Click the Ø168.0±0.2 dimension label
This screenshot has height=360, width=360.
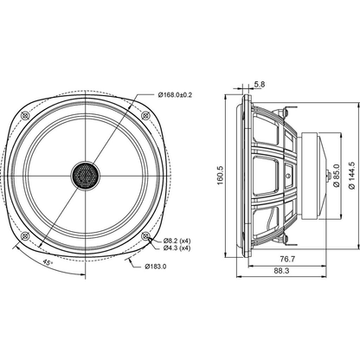click(175, 94)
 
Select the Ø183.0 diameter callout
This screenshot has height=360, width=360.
click(156, 267)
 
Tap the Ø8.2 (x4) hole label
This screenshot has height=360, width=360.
click(177, 241)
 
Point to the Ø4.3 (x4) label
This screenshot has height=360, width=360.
click(177, 247)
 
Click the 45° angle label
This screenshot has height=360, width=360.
click(48, 263)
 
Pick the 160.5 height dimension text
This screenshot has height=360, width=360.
click(221, 175)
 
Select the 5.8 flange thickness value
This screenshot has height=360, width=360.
click(260, 84)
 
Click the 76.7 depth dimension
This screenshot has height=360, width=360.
click(287, 260)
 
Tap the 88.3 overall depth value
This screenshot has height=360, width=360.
click(281, 271)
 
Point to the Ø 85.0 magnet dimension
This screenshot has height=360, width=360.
click(337, 176)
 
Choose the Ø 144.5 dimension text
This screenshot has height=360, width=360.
click(351, 175)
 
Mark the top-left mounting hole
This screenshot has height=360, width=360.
click(26, 116)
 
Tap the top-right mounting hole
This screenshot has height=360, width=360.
click(145, 116)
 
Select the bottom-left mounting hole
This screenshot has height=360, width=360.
click(26, 236)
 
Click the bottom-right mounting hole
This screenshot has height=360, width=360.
click(145, 236)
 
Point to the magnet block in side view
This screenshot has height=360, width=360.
click(310, 176)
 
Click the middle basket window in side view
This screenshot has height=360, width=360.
click(266, 176)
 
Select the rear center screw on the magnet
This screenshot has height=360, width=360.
click(329, 176)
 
